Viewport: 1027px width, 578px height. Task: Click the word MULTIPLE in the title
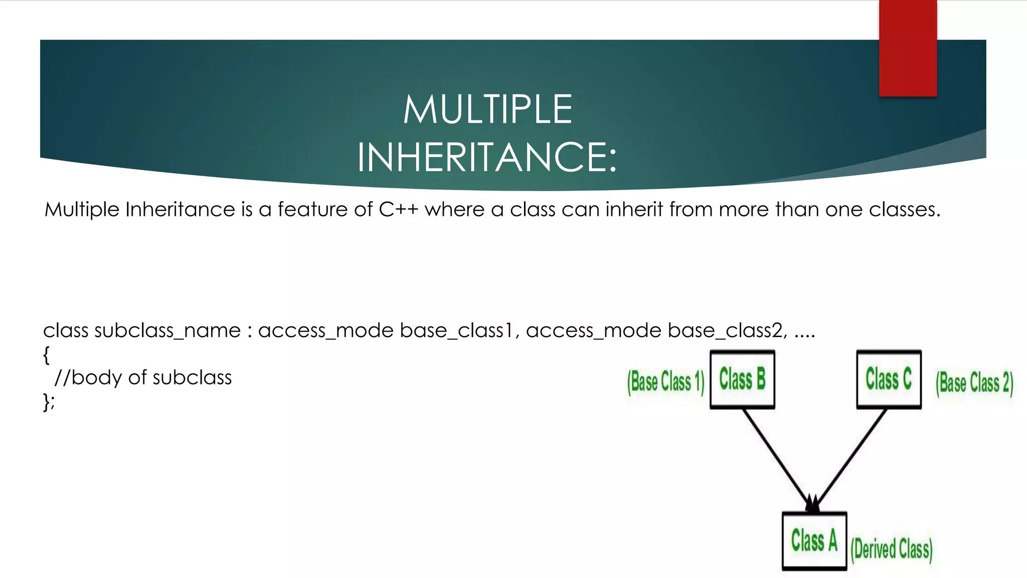(x=487, y=109)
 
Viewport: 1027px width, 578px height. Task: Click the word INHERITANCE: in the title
(x=486, y=158)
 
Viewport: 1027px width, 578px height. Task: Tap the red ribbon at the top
(x=908, y=48)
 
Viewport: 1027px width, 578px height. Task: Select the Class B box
(x=742, y=379)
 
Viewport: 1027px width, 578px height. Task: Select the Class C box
(x=889, y=379)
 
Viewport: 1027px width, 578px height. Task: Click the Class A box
(x=814, y=541)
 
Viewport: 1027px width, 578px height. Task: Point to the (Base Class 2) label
(x=974, y=383)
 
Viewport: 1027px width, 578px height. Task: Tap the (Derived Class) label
(x=892, y=549)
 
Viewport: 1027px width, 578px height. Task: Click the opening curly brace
(x=47, y=355)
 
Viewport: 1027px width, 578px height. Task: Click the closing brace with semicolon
(x=49, y=402)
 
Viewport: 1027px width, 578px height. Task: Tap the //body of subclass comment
(x=143, y=378)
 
